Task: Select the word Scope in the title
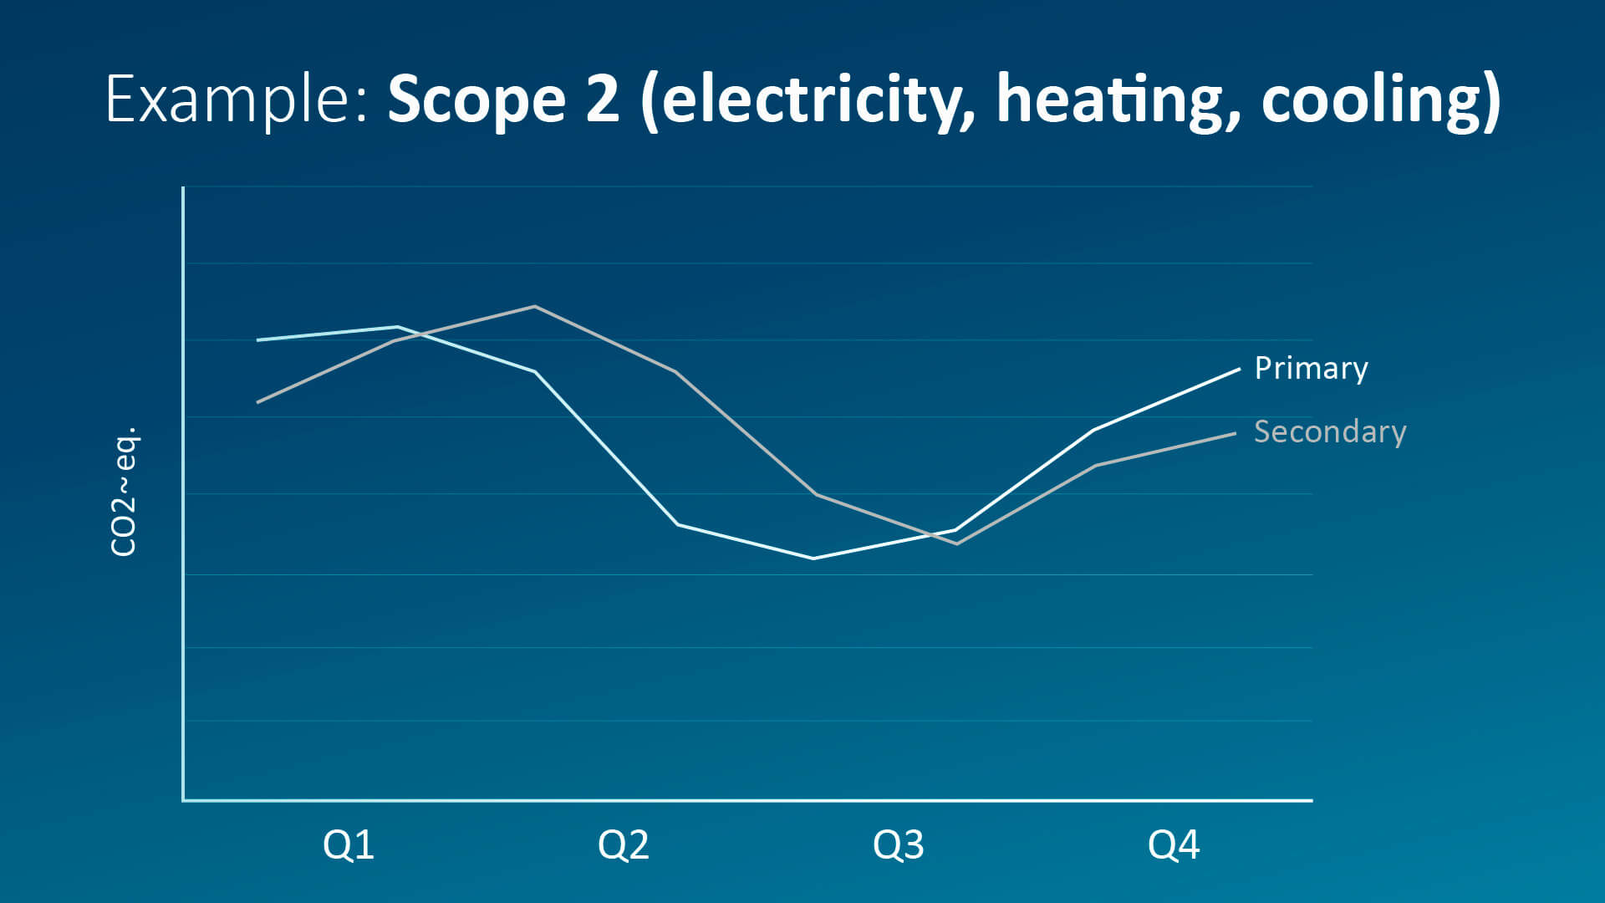476,100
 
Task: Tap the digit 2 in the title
602,100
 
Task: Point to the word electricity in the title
807,100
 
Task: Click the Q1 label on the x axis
348,845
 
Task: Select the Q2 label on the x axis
623,845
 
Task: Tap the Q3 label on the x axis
898,845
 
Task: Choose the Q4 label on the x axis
1174,845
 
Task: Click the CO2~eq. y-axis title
124,492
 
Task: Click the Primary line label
1311,368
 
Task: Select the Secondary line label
1330,431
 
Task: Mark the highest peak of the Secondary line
535,306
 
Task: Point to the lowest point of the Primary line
813,558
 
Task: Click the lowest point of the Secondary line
957,543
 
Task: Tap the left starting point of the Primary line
258,340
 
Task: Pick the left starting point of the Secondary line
258,402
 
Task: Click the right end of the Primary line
1238,369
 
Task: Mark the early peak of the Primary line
398,327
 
